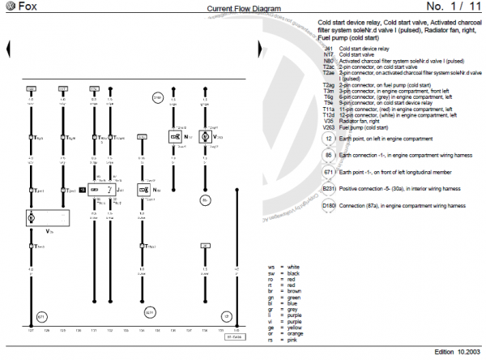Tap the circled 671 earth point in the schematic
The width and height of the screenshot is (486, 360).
pos(42,315)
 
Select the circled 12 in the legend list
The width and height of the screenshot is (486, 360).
pos(327,139)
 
